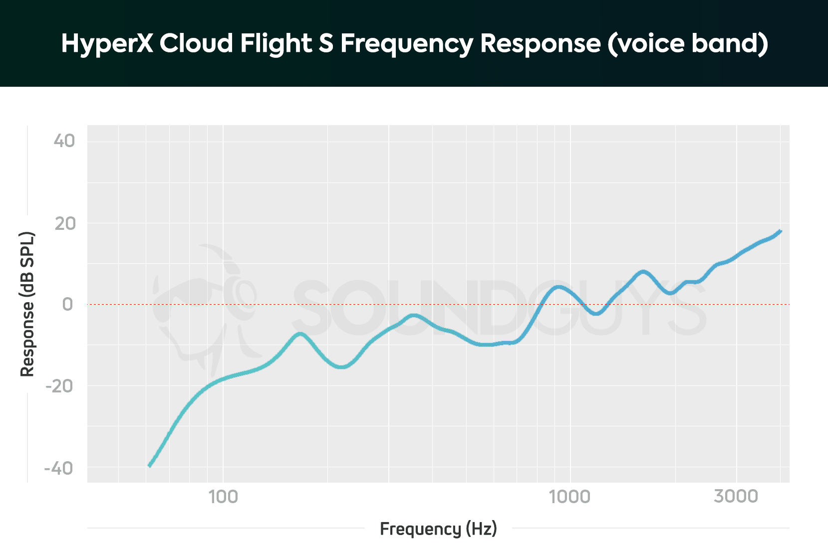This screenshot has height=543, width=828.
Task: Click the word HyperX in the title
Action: click(107, 43)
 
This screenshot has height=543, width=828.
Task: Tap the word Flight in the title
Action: click(276, 43)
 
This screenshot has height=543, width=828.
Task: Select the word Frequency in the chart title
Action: click(406, 43)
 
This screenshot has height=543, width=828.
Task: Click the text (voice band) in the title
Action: click(687, 43)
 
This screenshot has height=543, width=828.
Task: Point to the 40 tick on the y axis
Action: click(64, 141)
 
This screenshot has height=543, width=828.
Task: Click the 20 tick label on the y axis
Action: click(65, 223)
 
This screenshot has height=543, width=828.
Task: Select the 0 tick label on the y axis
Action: click(67, 304)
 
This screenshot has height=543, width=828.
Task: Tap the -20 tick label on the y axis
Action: click(59, 386)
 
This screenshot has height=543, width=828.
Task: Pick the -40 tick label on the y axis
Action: click(59, 468)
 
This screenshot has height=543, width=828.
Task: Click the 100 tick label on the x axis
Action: click(223, 497)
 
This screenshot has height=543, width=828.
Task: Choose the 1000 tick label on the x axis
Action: click(569, 497)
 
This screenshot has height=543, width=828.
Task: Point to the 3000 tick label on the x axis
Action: click(736, 497)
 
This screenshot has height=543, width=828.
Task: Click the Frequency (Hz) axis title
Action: click(438, 529)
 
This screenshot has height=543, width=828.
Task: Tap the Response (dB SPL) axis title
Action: click(27, 304)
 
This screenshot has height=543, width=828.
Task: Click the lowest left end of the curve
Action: click(150, 466)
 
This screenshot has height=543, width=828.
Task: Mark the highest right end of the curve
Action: click(780, 231)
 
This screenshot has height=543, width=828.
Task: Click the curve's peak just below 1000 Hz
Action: click(558, 287)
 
